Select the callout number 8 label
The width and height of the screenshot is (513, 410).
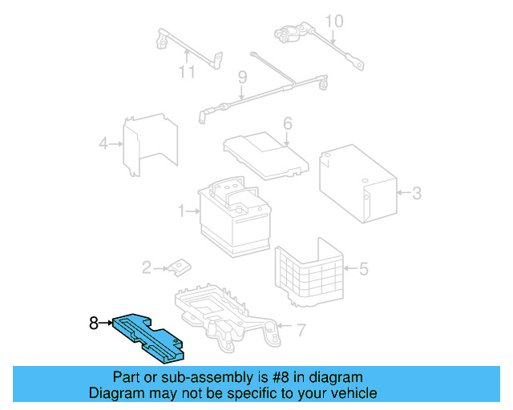pos(94,324)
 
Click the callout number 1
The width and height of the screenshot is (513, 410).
pos(183,211)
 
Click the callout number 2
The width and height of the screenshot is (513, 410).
pos(146,267)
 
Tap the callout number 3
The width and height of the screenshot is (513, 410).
pos(416,193)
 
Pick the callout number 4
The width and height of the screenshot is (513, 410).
pos(103,144)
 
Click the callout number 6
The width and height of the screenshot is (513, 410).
pos(287,124)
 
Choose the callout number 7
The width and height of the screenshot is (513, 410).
pos(301,329)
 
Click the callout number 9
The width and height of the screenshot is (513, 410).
pos(240,77)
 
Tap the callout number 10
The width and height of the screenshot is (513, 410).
pos(334,22)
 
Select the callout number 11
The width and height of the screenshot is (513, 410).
pos(186,72)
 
